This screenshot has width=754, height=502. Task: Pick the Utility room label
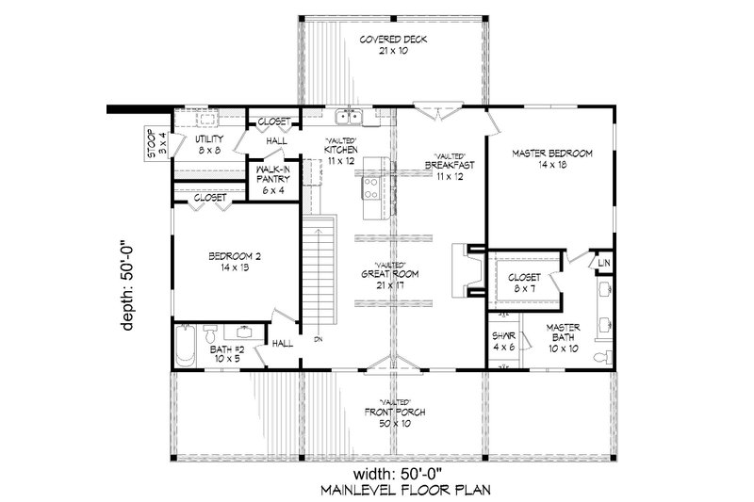pos(209,144)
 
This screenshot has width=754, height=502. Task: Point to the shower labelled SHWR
pos(504,341)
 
